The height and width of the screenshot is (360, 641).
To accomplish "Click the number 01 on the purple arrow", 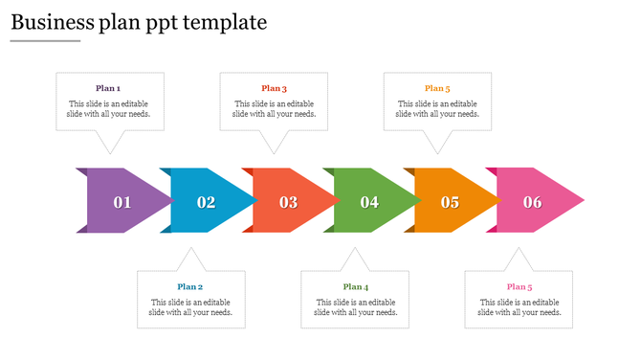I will click(122, 202).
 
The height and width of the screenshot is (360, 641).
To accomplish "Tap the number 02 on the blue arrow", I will click(206, 202).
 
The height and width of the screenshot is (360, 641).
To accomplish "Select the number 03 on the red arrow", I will click(288, 202).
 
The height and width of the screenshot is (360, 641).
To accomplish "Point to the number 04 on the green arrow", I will click(369, 202).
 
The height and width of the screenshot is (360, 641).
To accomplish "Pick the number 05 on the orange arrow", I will click(450, 202).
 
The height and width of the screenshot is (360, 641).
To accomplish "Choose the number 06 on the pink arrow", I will click(532, 202).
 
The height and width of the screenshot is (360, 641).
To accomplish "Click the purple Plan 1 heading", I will click(108, 88).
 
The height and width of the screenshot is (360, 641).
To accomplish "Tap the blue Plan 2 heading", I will click(190, 286).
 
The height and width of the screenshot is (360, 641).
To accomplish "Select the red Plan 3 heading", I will click(274, 88).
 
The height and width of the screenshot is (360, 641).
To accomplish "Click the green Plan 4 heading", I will click(355, 286).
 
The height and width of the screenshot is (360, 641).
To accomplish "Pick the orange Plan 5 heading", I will click(437, 88).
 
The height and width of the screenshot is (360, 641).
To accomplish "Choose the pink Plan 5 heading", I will click(519, 286).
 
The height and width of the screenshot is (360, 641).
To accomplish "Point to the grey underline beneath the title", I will click(45, 41).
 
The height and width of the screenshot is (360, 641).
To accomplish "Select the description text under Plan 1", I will click(108, 108).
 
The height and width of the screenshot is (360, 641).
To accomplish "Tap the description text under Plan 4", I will click(355, 306).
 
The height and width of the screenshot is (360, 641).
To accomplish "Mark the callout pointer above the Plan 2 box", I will click(191, 259).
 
